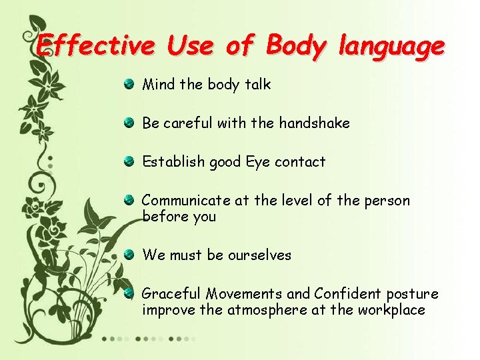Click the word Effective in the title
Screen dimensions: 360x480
pos(95,45)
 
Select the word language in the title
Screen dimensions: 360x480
pos(391,47)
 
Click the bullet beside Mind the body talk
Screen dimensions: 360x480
pos(128,84)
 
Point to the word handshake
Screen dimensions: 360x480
pos(314,123)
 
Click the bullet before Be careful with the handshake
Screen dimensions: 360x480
pos(128,123)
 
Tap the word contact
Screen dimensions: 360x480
pos(300,162)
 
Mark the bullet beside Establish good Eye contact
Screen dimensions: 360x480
pos(128,161)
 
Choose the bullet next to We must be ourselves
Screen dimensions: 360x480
pos(128,254)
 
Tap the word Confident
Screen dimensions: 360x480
pos(345,294)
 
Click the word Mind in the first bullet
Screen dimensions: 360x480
pos(159,85)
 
